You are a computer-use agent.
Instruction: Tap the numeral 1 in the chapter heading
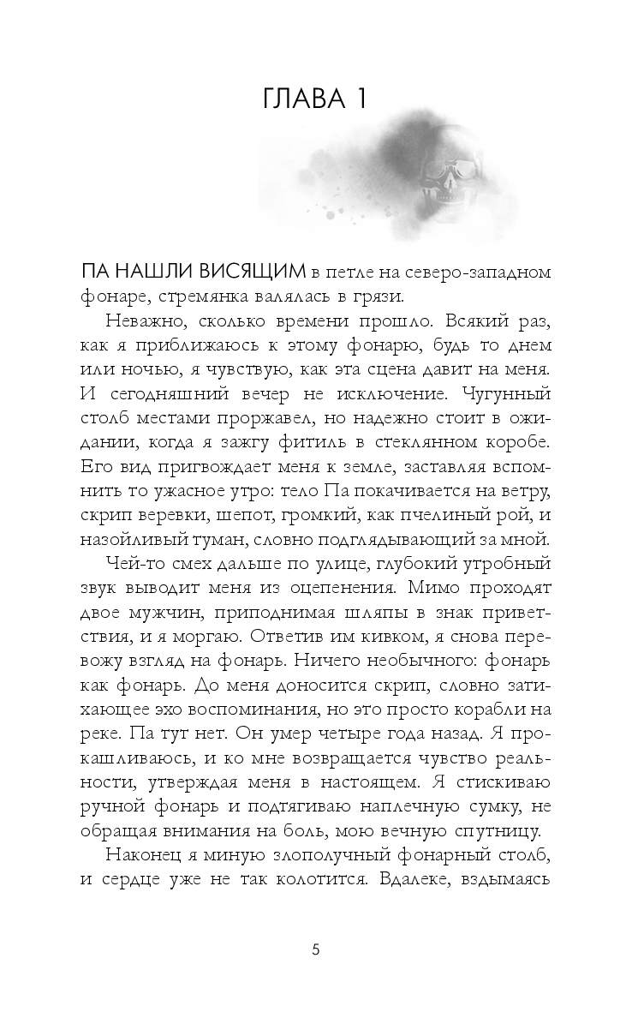coord(360,99)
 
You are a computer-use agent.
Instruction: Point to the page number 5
coord(316,949)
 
